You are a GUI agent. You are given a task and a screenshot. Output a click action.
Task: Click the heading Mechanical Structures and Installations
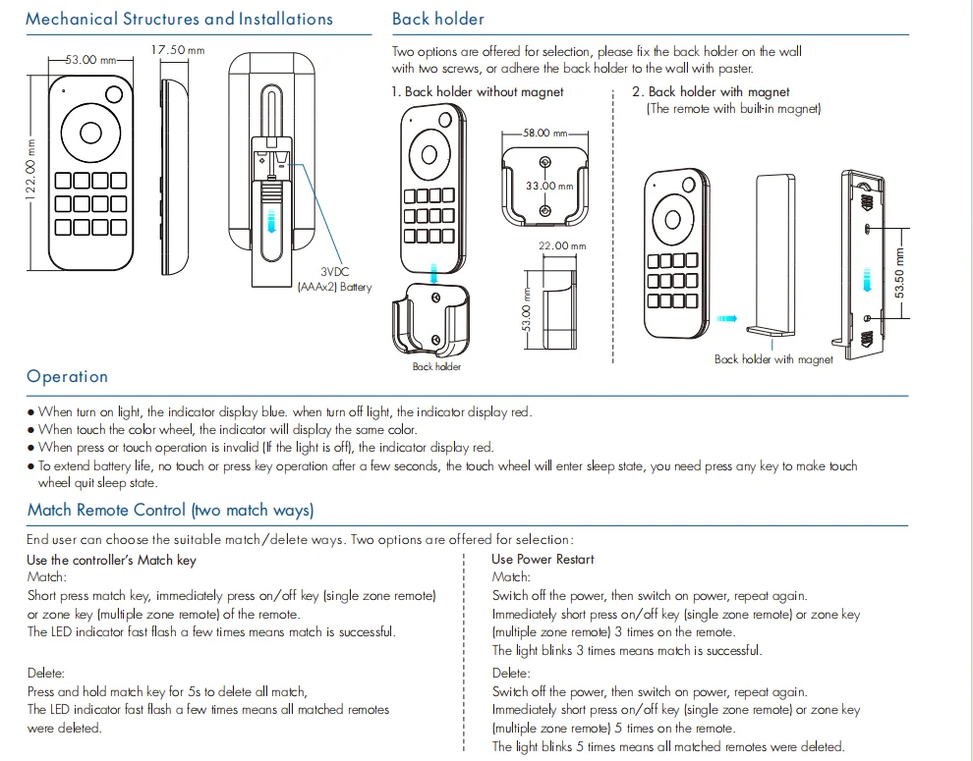click(x=179, y=19)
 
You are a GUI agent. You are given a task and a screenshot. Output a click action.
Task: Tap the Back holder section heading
click(x=437, y=19)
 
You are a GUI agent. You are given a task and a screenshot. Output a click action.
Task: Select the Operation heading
click(x=67, y=376)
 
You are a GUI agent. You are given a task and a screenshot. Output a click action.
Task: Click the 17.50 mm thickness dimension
click(x=177, y=49)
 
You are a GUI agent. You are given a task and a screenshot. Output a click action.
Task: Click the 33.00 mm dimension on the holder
click(x=541, y=186)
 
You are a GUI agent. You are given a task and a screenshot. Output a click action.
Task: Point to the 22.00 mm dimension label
click(x=561, y=245)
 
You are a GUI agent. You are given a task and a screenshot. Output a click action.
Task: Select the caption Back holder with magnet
click(x=773, y=359)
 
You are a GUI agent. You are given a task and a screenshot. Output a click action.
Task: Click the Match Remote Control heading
click(x=170, y=510)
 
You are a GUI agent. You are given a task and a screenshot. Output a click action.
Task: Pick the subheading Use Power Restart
click(x=543, y=559)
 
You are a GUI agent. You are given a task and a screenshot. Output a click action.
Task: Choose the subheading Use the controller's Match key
click(x=111, y=560)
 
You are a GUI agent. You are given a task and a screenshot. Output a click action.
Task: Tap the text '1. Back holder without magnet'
click(x=478, y=91)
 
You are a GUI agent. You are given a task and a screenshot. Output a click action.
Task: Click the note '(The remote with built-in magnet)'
click(x=732, y=108)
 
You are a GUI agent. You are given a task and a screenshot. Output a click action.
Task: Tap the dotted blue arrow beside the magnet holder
click(x=726, y=318)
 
